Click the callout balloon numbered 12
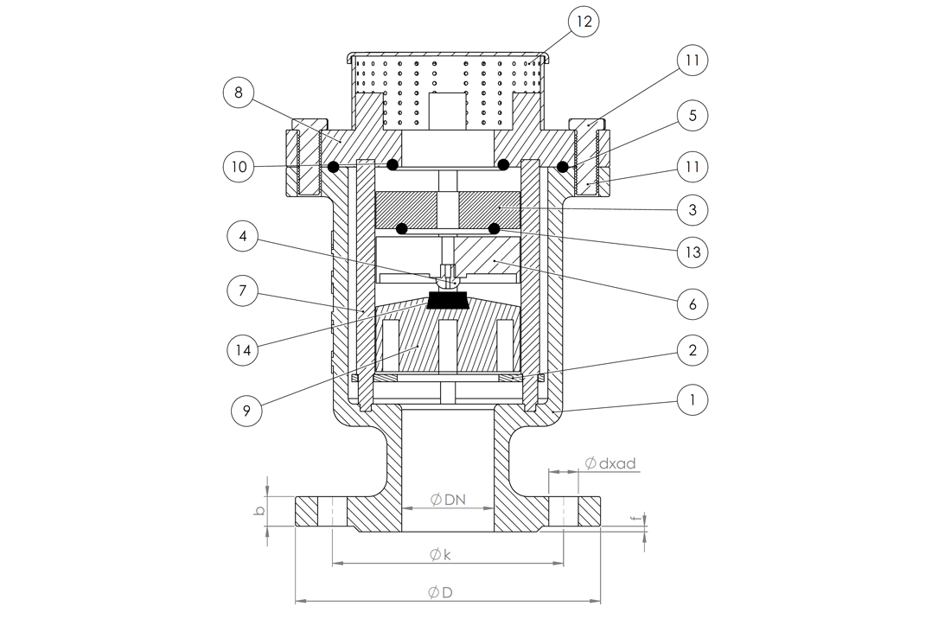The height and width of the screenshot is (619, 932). click(x=584, y=22)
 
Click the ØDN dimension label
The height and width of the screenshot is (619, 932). click(x=448, y=500)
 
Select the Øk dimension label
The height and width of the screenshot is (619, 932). click(x=440, y=554)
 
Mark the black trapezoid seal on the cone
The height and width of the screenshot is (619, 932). click(x=448, y=301)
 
